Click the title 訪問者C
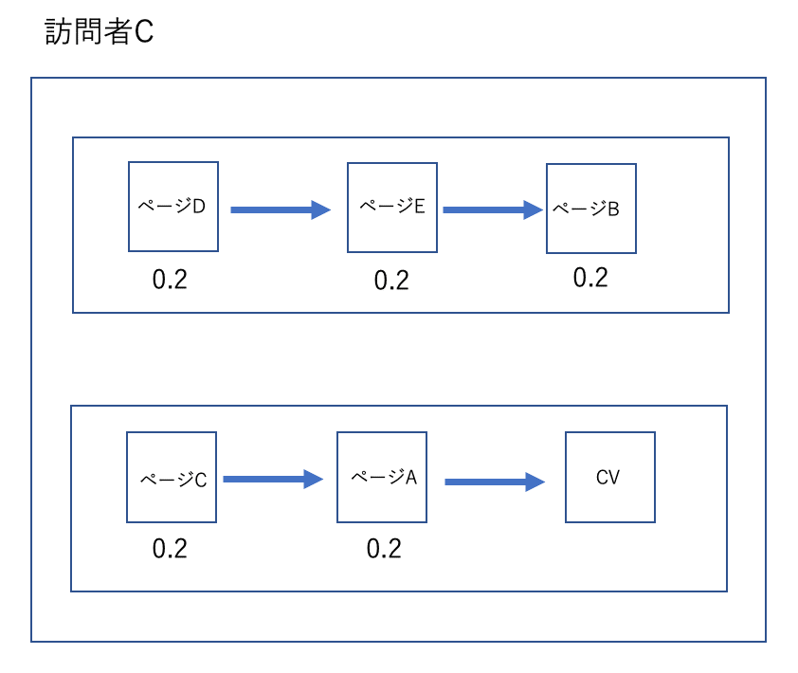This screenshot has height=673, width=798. pos(99,31)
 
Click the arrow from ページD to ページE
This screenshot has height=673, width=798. pos(281,209)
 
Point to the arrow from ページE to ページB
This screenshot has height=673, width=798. pos(493,209)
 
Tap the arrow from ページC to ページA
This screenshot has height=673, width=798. pos(273,479)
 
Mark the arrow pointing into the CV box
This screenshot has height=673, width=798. pos(495,482)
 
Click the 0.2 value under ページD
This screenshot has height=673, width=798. pos(170,280)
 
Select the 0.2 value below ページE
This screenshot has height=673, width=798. pos(391,281)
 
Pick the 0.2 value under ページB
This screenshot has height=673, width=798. pos(590,278)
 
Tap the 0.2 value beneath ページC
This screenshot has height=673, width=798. pos(170,549)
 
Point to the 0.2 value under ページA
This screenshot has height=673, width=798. pos(384,549)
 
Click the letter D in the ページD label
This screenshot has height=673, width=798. pos(199,207)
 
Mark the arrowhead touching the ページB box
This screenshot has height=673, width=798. pos(534,209)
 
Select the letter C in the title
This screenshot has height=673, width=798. pos(144,31)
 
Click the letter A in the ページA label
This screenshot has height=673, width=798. pos(411,478)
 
